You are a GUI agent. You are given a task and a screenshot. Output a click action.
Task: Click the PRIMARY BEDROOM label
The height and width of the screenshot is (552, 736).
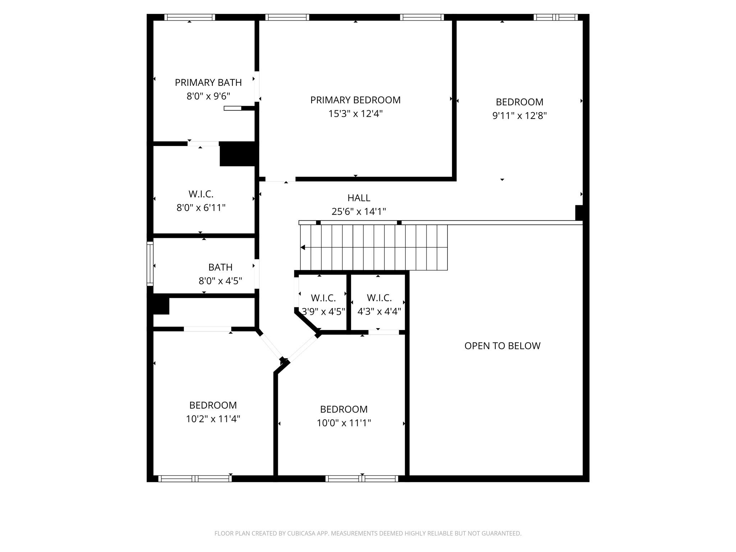355,100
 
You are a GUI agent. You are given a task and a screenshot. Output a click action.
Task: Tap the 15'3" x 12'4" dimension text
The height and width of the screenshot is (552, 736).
355,114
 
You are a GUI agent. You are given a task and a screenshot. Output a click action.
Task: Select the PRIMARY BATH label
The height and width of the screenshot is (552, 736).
208,83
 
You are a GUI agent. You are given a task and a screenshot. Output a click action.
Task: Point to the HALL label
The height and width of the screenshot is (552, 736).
359,198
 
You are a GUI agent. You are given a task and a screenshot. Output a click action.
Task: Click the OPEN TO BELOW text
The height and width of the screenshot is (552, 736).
502,346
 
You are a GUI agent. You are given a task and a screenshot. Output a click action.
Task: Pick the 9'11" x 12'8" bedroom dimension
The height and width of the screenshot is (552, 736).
519,116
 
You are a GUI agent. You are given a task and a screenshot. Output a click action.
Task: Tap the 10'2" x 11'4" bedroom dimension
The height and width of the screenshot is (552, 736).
213,419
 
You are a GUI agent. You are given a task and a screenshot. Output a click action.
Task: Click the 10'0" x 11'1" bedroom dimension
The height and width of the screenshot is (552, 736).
344,423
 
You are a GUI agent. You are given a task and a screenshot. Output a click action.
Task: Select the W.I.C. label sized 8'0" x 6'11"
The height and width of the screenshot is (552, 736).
201,194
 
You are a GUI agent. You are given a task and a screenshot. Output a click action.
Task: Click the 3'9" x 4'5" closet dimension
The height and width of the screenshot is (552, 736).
323,312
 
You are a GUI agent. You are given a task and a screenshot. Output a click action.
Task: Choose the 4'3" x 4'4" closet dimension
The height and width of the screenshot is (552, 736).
379,312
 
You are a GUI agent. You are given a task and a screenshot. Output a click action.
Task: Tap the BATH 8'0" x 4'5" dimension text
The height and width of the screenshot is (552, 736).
220,281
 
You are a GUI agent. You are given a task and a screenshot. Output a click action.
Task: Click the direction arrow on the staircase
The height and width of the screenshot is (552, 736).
303,247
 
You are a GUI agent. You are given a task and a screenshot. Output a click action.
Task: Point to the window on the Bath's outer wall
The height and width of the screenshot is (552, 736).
150,264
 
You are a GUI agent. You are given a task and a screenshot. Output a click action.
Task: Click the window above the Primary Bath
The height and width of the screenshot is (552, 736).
189,17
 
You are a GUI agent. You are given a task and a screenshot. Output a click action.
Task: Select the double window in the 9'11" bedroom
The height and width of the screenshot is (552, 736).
556,17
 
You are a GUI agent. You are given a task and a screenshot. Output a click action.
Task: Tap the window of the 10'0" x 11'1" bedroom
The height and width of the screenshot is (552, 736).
362,478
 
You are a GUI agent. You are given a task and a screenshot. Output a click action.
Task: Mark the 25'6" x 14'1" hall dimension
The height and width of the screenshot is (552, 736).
359,212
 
